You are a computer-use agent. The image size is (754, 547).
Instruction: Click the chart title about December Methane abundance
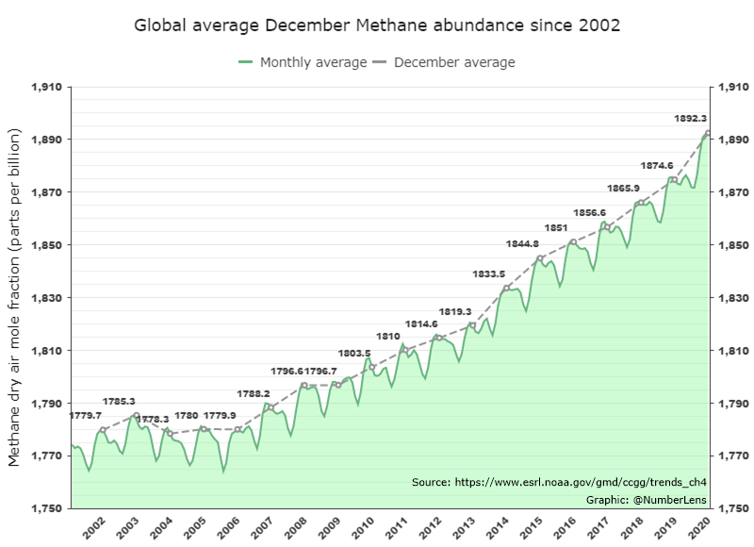(x=377, y=25)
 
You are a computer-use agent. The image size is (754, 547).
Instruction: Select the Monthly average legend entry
(x=303, y=62)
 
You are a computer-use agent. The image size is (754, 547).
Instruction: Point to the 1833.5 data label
(x=488, y=274)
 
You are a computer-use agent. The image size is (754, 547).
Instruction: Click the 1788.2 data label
(x=254, y=393)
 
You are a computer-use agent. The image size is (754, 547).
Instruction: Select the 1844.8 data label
(x=522, y=244)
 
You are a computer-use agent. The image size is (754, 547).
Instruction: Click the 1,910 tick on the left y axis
(x=46, y=87)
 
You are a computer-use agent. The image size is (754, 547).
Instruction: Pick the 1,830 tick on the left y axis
(x=46, y=298)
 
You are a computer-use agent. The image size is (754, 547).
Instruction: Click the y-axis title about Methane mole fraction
(x=14, y=297)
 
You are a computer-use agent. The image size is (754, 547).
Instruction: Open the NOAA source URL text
(x=560, y=482)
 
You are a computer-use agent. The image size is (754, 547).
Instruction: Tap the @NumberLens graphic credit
(x=647, y=500)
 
